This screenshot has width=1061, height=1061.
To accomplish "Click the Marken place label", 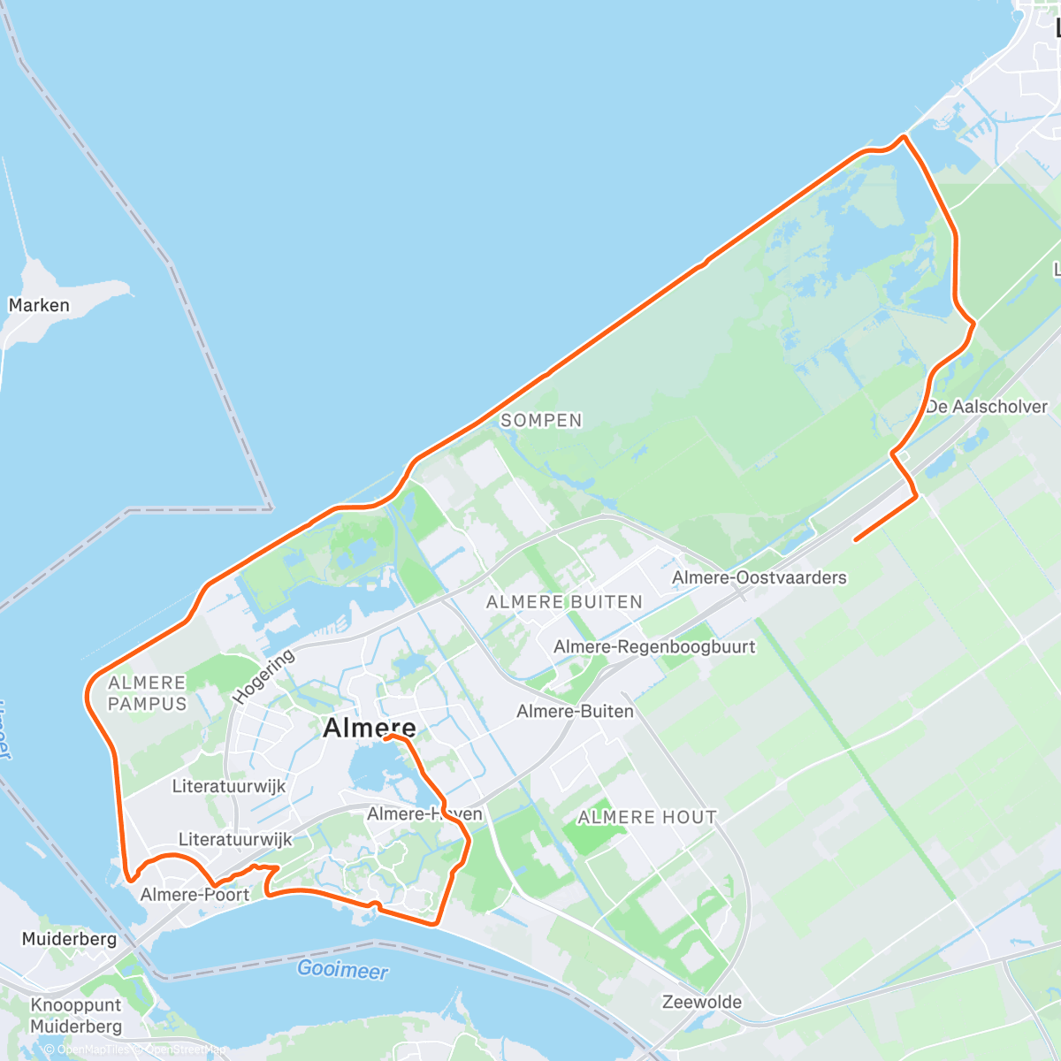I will pos(39,305).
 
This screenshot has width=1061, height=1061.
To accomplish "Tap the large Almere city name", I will pos(369,728).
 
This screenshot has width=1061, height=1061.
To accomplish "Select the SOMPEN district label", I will pos(541,421).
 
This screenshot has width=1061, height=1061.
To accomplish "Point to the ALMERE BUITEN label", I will pos(564,602).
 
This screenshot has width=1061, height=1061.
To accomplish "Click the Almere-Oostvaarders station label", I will pos(759,577).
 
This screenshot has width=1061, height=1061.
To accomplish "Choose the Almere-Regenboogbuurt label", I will pos(654,646).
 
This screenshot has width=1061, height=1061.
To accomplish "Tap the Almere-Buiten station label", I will pos(575,711).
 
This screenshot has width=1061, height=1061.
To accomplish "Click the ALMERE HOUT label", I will pos(647,817).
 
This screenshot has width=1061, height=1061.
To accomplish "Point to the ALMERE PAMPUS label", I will pos(148,693).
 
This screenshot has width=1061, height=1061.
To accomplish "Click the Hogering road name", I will pos(263,676).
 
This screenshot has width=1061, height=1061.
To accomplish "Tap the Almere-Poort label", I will pos(195,894).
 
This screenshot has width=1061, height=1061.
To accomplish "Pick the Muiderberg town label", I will pos(69,938).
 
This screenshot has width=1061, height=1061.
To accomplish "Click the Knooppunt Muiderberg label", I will pos(76,1016).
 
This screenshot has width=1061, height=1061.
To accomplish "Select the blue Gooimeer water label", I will pos(342,969).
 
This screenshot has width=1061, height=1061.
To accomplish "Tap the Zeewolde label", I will pos(702,1002).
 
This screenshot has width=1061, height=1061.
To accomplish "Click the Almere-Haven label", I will pos(424,813).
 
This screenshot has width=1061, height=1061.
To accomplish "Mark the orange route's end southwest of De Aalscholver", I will pos(855,539).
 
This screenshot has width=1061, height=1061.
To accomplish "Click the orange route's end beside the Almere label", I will pos(386,737).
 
